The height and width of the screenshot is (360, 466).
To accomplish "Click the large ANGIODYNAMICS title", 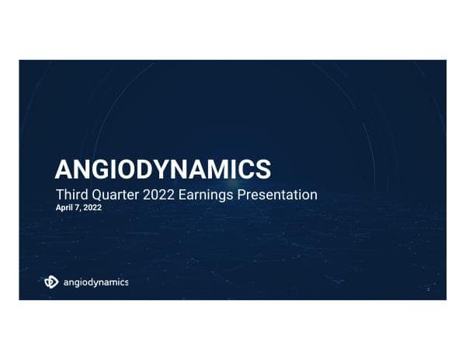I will point(163,168).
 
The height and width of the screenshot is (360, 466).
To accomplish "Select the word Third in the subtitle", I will point(72,194).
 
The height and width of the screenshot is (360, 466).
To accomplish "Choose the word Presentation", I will point(282,194).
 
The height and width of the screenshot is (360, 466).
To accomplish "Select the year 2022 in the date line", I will point(92,208).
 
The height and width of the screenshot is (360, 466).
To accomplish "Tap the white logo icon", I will point(51,282).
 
